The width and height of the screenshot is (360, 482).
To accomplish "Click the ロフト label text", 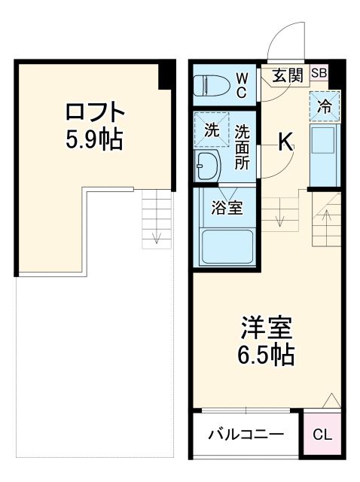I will [x=94, y=112].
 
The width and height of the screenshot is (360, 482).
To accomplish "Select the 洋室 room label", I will [x=267, y=328].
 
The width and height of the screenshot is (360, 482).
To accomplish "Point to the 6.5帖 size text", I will [x=267, y=354].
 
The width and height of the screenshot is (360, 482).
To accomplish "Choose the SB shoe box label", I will [x=318, y=73].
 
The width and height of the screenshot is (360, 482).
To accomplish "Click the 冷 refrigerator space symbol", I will [x=324, y=107].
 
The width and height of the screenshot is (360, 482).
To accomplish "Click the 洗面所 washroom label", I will [x=241, y=148].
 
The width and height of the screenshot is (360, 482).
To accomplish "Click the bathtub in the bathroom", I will [x=225, y=246].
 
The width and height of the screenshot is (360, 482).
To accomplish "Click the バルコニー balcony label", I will [x=246, y=435].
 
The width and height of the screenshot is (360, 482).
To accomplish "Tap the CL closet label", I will [x=322, y=435].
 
